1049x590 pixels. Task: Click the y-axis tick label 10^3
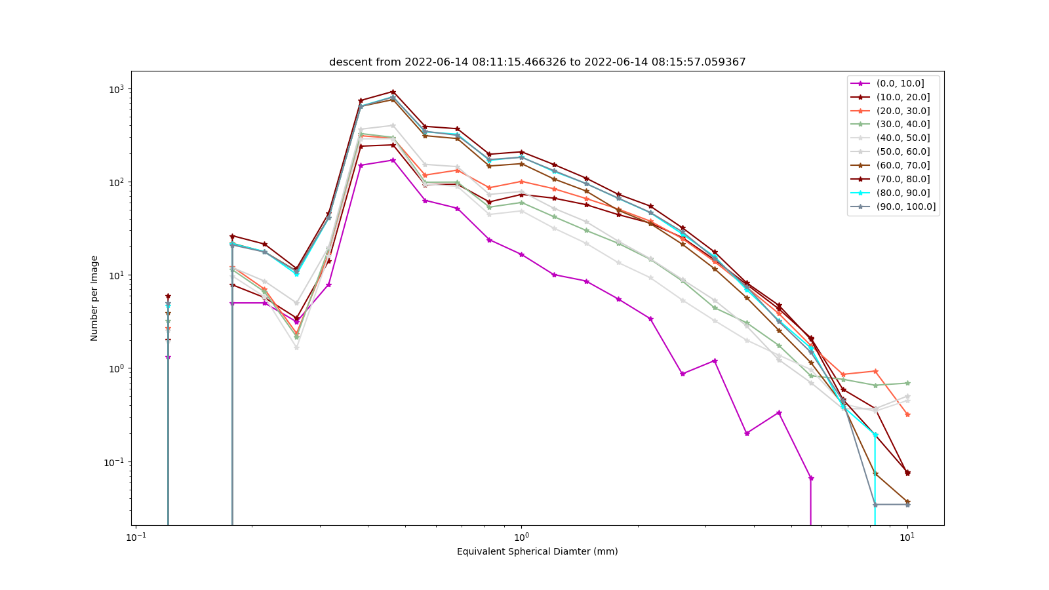(x=117, y=88)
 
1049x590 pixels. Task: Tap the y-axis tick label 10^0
(x=117, y=368)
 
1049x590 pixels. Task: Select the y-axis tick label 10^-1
(x=115, y=462)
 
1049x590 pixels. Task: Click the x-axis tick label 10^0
(x=521, y=537)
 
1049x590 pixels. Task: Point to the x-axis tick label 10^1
(x=907, y=537)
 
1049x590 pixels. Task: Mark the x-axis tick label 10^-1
(x=136, y=537)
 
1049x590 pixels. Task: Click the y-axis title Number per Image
(x=94, y=298)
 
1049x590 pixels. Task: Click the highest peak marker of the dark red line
(x=393, y=92)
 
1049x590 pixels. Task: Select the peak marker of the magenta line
(x=393, y=160)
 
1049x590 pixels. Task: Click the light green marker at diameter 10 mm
(x=907, y=383)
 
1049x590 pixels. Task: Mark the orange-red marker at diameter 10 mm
(x=907, y=414)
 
